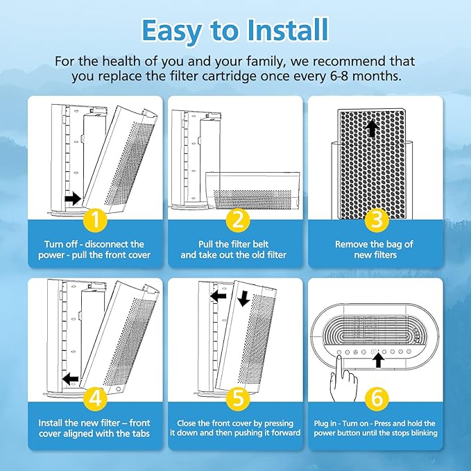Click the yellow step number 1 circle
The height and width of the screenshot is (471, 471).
tap(95, 220)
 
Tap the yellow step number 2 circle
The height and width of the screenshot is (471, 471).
tap(238, 220)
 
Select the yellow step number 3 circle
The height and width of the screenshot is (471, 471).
tap(377, 220)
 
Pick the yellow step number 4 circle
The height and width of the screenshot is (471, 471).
tap(95, 398)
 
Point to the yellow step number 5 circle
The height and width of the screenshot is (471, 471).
tap(238, 398)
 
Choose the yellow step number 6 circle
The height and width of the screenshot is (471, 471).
tap(377, 398)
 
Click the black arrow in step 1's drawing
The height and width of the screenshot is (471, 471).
tap(73, 198)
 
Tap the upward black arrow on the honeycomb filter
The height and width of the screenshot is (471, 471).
tap(372, 128)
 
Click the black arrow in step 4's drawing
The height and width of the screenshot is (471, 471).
tap(70, 379)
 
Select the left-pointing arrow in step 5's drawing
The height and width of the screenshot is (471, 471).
tap(218, 296)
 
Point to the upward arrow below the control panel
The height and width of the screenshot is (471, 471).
tap(379, 360)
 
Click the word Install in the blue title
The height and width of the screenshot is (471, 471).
tap(288, 31)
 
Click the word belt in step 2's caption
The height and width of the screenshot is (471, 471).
tap(260, 244)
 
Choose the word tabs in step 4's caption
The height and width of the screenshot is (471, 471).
tap(139, 434)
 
